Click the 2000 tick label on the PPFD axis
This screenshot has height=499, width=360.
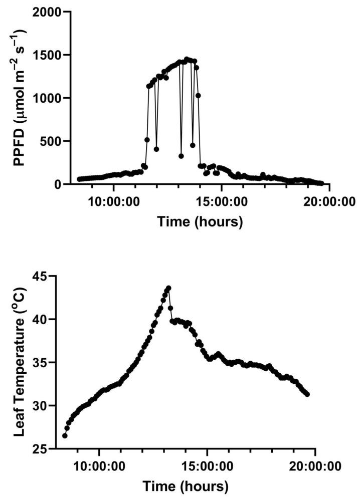coord(47,12)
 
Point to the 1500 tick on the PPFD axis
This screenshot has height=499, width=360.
coord(47,55)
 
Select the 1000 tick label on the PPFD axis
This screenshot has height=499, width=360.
coord(47,98)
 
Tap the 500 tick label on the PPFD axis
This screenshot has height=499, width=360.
coord(51,141)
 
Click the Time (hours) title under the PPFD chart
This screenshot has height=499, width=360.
coord(200,222)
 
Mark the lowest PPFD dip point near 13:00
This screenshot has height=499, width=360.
coord(181,156)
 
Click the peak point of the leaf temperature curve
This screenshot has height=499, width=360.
coord(168,288)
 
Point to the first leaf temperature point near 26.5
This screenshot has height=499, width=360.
coord(65,436)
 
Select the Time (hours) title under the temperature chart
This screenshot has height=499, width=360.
coord(186,486)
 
